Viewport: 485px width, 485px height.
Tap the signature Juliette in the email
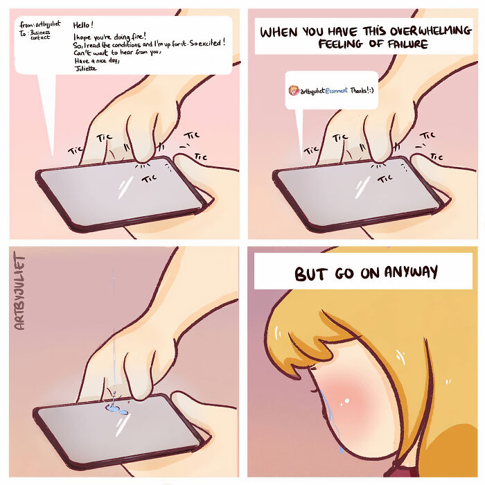pos(86,68)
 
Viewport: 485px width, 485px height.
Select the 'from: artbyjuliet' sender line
pos(40,24)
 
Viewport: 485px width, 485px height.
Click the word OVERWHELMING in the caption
pos(391,32)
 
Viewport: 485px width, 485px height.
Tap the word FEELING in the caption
pos(344,44)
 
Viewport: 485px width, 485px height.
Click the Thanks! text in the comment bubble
pos(361,91)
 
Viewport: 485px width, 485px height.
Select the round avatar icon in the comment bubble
pos(294,91)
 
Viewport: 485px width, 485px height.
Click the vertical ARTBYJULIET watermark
pos(19,291)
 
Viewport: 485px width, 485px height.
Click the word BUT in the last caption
pos(310,274)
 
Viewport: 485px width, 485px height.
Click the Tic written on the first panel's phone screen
pos(149,178)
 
